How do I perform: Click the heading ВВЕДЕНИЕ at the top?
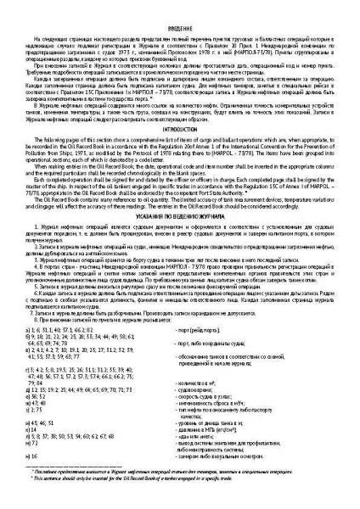pos(180,27)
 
